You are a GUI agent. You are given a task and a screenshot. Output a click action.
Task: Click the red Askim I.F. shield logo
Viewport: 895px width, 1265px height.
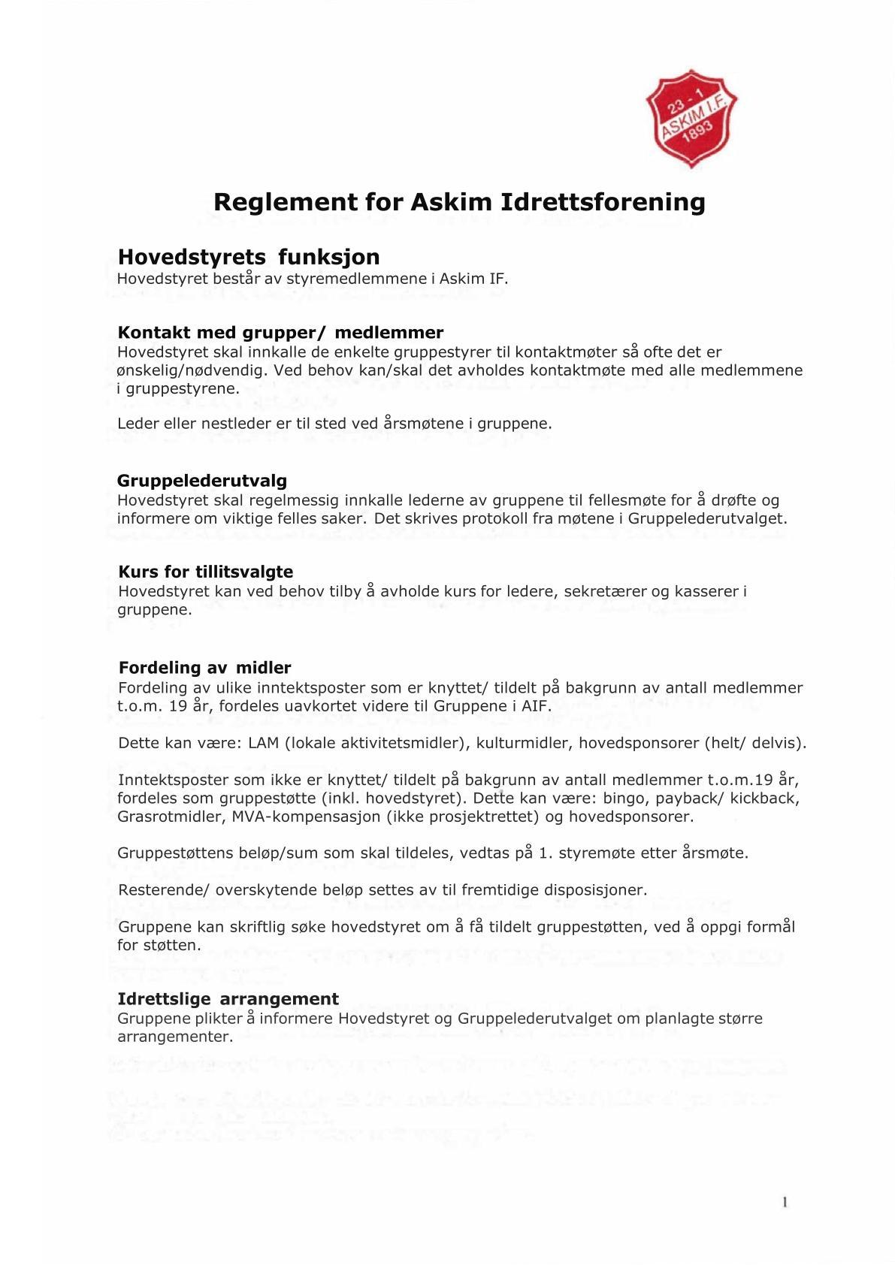click(691, 118)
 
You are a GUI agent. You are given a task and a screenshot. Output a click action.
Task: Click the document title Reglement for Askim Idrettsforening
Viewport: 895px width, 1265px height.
click(459, 202)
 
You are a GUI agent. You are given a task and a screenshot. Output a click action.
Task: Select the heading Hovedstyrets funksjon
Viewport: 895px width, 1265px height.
click(249, 257)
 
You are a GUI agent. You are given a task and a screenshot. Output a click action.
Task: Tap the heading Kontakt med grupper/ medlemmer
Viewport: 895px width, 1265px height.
click(280, 332)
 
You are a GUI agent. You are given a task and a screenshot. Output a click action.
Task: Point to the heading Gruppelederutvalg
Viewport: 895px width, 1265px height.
click(202, 480)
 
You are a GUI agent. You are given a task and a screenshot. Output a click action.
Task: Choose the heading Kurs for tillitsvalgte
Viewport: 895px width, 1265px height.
click(206, 572)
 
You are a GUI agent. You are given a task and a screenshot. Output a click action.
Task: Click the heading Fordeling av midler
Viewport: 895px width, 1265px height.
click(204, 667)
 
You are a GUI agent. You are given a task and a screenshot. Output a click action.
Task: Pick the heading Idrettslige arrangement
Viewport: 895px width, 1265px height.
click(228, 998)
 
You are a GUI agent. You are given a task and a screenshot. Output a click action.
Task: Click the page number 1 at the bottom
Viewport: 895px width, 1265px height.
click(785, 1202)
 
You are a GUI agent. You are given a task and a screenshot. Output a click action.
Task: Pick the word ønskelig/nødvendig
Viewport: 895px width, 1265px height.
click(192, 370)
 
